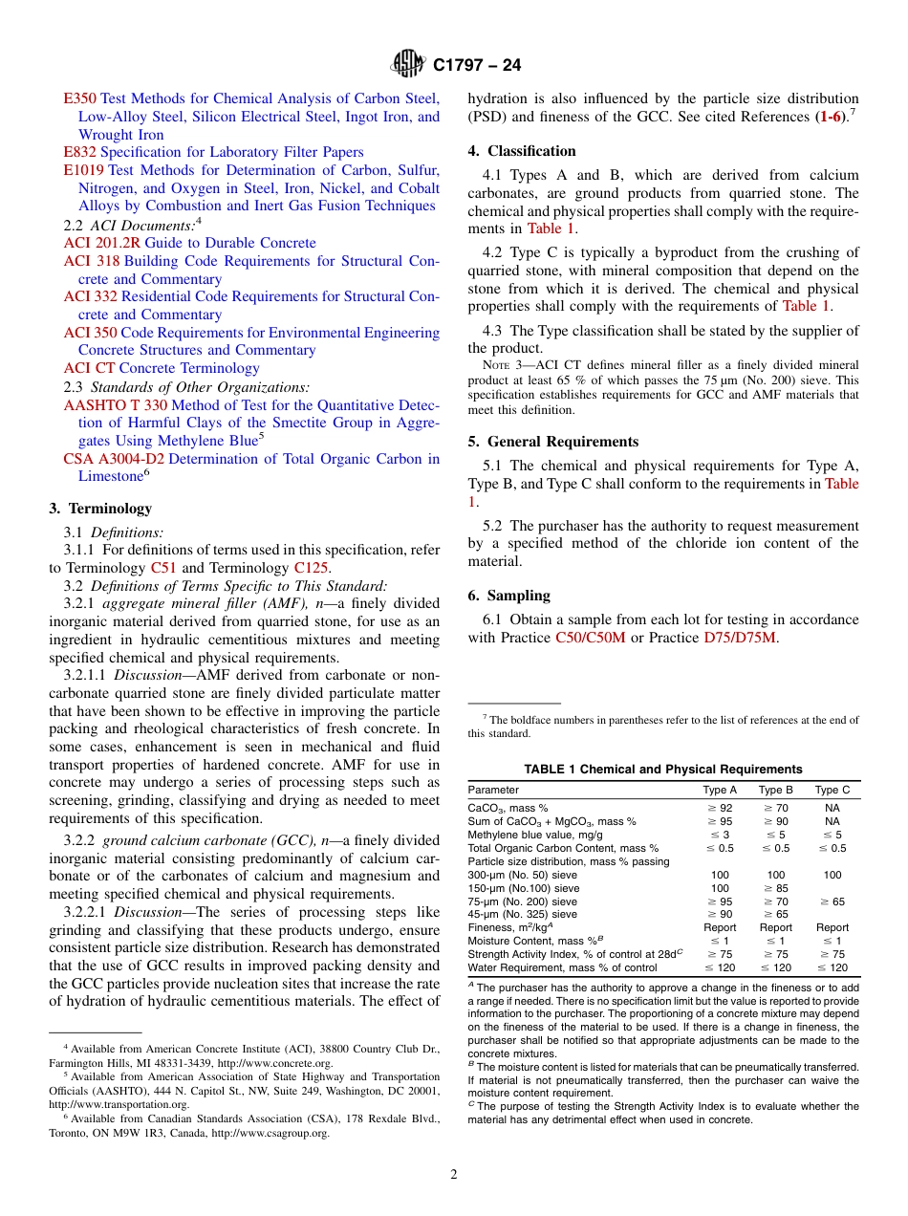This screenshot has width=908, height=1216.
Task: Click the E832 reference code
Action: [x=79, y=152]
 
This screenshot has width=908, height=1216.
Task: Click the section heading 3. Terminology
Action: [x=100, y=509]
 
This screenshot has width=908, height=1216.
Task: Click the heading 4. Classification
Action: [x=522, y=151]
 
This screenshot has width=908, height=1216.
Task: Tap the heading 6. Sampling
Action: [x=508, y=596]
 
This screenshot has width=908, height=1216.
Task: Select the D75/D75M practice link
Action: [x=741, y=638]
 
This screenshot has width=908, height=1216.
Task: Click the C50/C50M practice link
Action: [x=590, y=638]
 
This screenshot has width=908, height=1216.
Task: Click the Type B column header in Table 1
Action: [x=775, y=791]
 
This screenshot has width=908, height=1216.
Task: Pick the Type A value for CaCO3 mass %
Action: [x=720, y=808]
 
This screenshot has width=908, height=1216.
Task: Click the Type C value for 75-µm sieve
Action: [x=832, y=901]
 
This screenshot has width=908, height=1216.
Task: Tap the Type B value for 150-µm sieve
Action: [x=775, y=888]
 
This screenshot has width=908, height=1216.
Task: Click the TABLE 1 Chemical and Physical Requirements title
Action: [x=662, y=770]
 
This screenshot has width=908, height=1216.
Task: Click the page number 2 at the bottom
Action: [x=454, y=1175]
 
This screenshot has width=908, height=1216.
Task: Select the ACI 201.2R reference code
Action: [x=102, y=243]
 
